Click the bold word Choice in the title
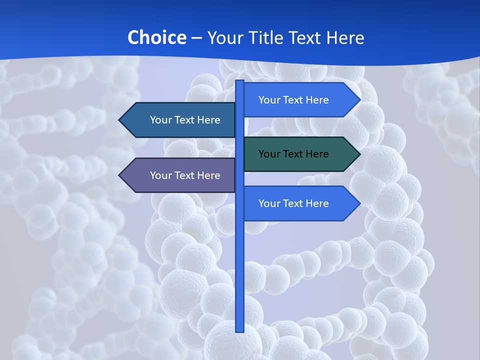(156, 37)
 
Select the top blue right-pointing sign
(300, 100)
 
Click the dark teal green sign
(300, 154)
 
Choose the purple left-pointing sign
(180, 175)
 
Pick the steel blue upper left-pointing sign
(180, 120)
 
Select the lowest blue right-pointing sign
(300, 203)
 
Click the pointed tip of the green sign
(359, 154)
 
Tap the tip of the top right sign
(359, 100)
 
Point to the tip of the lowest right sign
(359, 203)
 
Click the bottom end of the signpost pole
(240, 330)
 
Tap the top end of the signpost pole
(240, 81)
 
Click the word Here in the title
(345, 37)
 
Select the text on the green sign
(293, 154)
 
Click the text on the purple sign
(185, 175)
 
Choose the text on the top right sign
(293, 100)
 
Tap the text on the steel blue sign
(185, 120)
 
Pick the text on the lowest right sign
(293, 203)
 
